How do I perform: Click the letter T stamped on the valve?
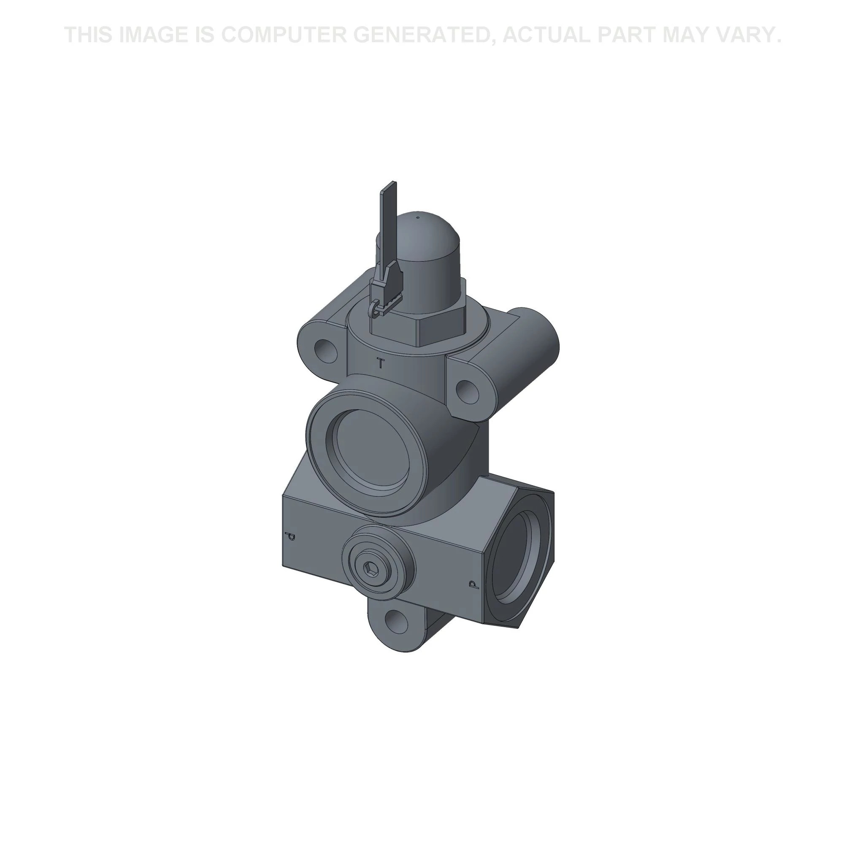pyautogui.click(x=381, y=363)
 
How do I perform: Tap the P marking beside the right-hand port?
pyautogui.click(x=473, y=584)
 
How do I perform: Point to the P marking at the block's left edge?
pyautogui.click(x=289, y=536)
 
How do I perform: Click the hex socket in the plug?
pyautogui.click(x=371, y=568)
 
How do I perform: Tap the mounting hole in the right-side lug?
pyautogui.click(x=467, y=389)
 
